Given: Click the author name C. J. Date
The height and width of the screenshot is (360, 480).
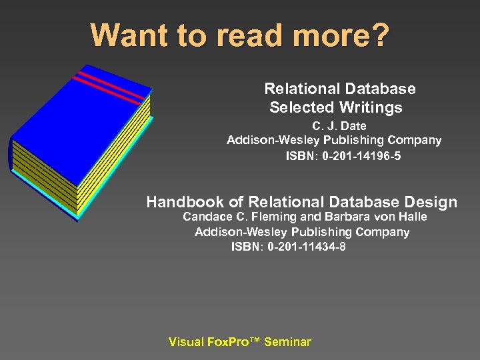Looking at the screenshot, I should pyautogui.click(x=339, y=125).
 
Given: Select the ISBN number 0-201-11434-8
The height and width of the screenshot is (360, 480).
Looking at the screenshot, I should pyautogui.click(x=307, y=247).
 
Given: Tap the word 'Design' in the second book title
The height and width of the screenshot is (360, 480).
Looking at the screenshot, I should pyautogui.click(x=431, y=202).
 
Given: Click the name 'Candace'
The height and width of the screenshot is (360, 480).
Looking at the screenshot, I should pyautogui.click(x=205, y=217).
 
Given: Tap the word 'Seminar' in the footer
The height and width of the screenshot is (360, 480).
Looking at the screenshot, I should pyautogui.click(x=287, y=342).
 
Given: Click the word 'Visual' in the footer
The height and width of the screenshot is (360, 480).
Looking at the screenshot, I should pyautogui.click(x=186, y=342).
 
